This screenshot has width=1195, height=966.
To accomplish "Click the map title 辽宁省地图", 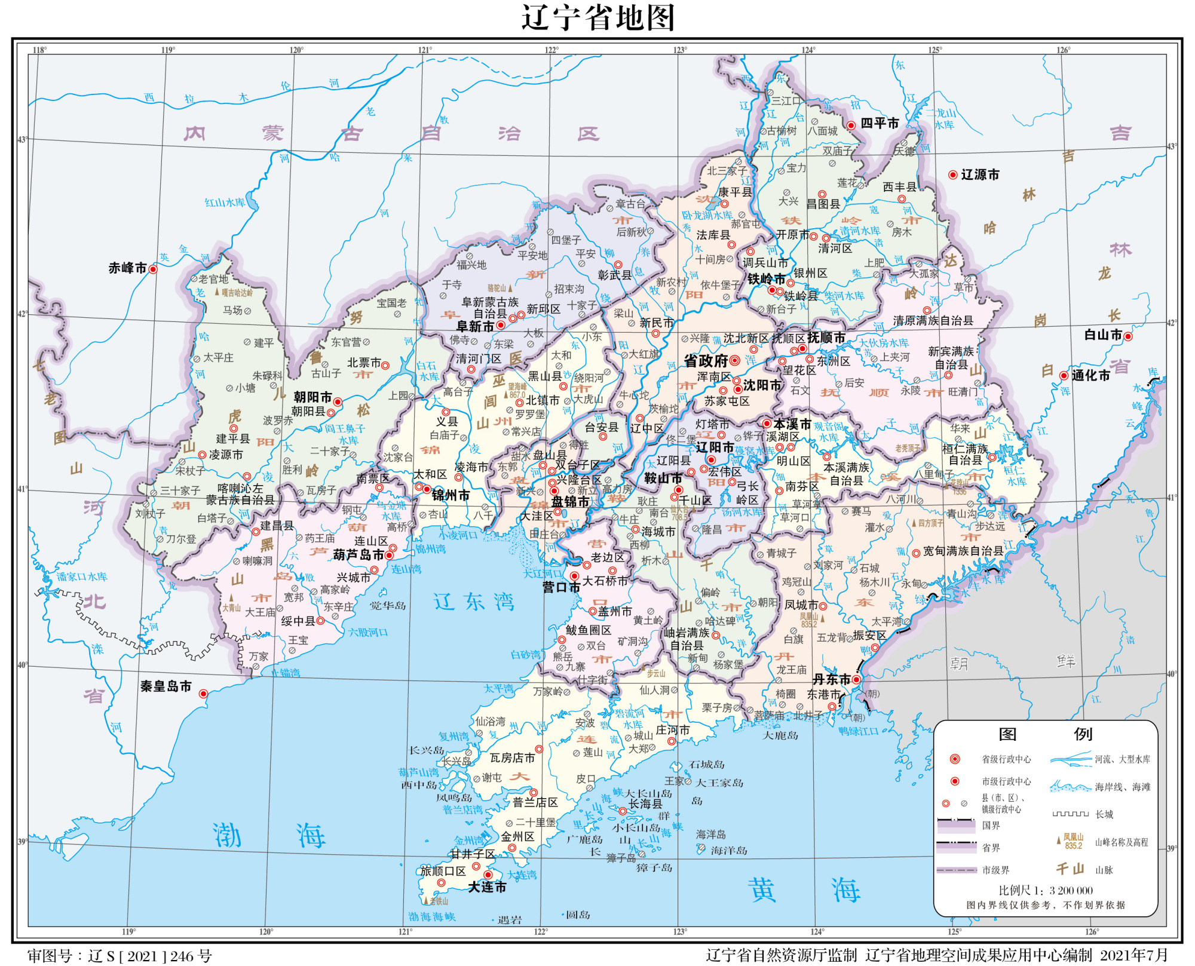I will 598,17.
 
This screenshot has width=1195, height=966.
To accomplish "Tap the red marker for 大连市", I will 488,875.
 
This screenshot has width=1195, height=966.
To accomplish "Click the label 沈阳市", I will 762,386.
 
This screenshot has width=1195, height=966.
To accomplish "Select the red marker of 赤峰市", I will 153,269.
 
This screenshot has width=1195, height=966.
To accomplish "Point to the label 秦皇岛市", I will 166,687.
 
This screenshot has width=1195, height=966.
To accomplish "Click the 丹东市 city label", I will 832,680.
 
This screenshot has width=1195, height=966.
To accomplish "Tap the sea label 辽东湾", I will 474,602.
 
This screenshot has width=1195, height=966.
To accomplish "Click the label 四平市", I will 880,124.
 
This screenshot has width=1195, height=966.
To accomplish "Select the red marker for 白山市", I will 1128,336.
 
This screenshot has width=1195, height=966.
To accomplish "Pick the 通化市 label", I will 1090,376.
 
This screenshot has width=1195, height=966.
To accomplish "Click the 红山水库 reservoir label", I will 225,203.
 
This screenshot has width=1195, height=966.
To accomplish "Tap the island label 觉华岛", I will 388,606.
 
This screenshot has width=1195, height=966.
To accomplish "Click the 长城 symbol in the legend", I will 1071,814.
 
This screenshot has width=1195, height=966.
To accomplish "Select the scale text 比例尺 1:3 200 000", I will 1046,890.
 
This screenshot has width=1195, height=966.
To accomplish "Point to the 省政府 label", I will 706,361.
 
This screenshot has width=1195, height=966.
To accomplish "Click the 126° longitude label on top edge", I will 1063,50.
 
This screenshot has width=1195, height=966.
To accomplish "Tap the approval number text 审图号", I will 119,956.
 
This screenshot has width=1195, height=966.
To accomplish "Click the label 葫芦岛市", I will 358,555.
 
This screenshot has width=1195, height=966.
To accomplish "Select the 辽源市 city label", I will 980,175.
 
